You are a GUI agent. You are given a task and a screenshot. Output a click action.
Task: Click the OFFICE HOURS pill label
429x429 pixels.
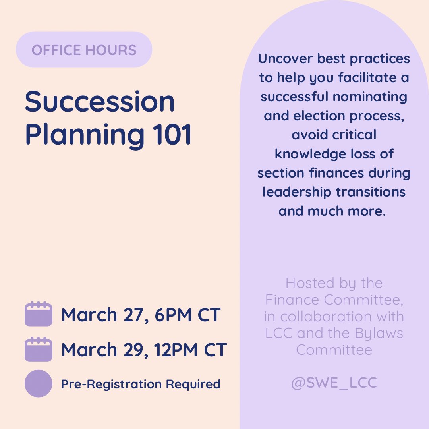[84, 50]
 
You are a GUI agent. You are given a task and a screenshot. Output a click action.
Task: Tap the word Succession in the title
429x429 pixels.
[100, 102]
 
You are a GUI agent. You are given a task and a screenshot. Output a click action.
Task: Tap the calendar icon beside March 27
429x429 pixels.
[38, 314]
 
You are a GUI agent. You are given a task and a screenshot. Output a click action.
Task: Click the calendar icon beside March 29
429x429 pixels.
[38, 350]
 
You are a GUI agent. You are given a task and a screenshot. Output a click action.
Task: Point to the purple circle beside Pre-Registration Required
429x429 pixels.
[38, 384]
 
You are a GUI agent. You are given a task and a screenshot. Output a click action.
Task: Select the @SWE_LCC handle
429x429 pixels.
[334, 383]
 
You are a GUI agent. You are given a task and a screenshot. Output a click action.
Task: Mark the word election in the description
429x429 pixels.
[321, 116]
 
